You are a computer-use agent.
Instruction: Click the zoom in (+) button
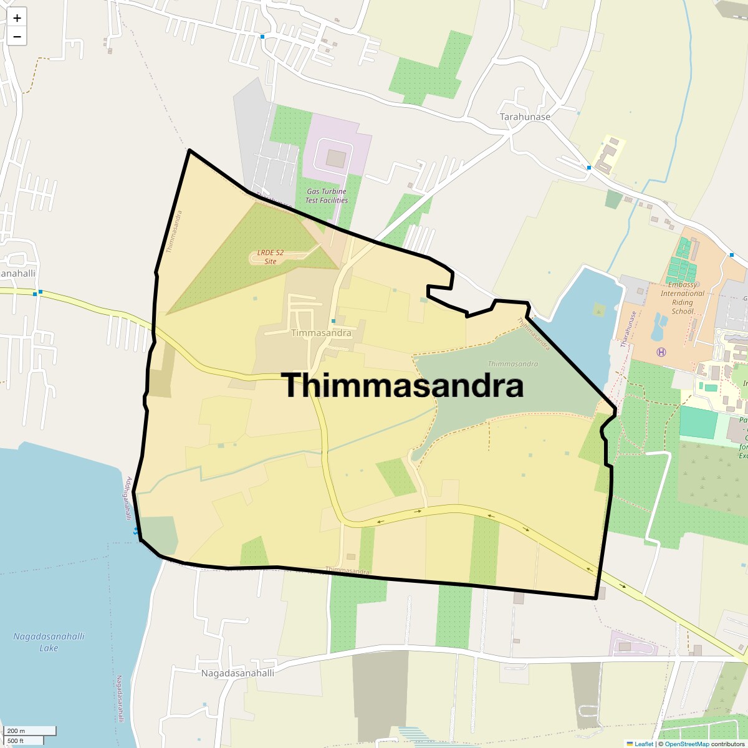point(17,18)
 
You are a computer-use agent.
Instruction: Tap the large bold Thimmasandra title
point(404,386)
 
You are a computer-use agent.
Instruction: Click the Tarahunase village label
point(525,117)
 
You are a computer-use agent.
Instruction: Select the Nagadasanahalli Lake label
point(49,642)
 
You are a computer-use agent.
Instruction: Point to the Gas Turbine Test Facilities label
point(327,196)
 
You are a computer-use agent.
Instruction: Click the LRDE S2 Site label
point(271,257)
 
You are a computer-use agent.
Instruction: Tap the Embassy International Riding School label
point(683,302)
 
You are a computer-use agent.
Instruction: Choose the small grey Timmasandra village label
point(321,333)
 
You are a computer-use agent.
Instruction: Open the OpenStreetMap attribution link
point(686,744)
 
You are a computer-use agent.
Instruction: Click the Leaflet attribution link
point(643,744)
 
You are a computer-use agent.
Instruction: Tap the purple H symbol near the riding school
point(661,352)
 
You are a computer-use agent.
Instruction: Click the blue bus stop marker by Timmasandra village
point(333,321)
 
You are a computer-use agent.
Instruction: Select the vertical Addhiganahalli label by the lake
point(127,499)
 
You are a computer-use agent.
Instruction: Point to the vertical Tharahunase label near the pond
point(626,329)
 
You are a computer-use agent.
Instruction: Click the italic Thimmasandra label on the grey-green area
point(512,363)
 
